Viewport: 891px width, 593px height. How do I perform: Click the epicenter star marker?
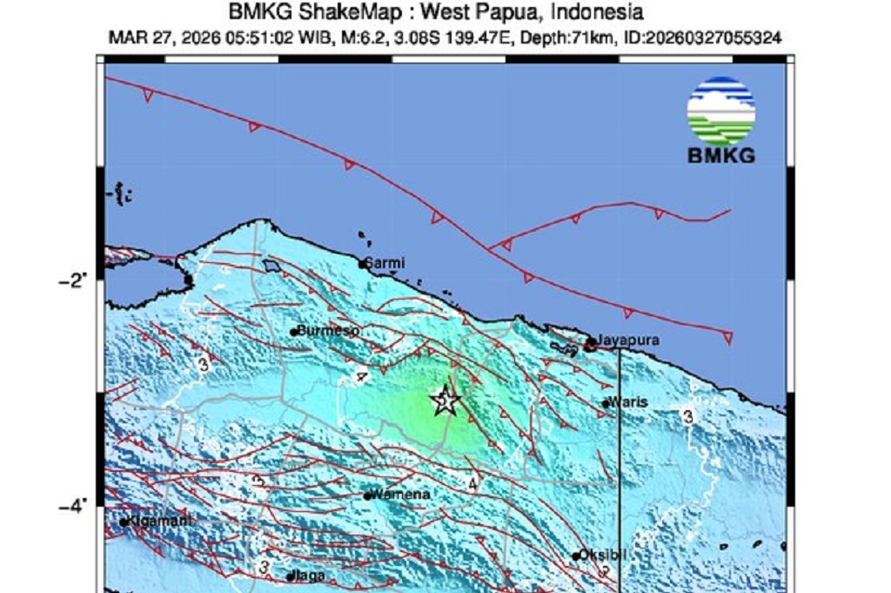pos(445,401)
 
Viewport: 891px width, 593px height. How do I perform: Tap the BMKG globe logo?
pos(720,110)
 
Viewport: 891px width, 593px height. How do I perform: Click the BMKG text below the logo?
pos(720,157)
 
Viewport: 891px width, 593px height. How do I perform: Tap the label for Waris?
pos(628,402)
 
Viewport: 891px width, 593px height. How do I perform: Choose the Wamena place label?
pos(402,495)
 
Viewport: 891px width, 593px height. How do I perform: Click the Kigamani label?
pos(159,521)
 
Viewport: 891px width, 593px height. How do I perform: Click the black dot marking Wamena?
pos(369,496)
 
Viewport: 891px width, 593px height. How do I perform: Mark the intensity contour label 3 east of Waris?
pos(687,417)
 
